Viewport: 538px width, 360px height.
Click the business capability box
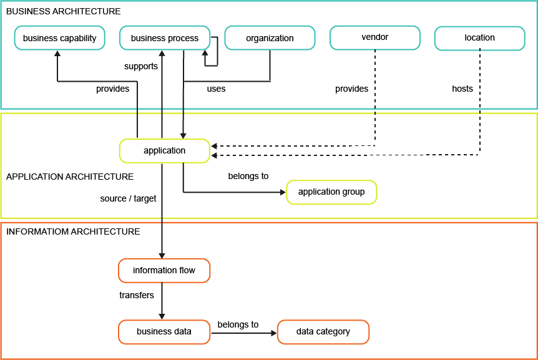pyautogui.click(x=59, y=38)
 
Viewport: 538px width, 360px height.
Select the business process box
pyautogui.click(x=164, y=38)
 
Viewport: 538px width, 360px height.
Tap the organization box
pyautogui.click(x=270, y=38)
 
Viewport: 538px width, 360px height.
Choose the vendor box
pyautogui.click(x=374, y=37)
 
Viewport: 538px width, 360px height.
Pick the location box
pyautogui.click(x=479, y=37)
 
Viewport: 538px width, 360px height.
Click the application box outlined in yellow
pyautogui.click(x=164, y=150)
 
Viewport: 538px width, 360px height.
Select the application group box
pyautogui.click(x=331, y=192)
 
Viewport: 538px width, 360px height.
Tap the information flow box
pyautogui.click(x=164, y=270)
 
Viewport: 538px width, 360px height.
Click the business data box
pyautogui.click(x=164, y=331)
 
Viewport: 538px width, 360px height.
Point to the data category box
pyautogui.click(x=323, y=331)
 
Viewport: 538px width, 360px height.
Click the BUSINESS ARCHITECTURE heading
pyautogui.click(x=63, y=11)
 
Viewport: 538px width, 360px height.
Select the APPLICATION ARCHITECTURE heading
pyautogui.click(x=69, y=177)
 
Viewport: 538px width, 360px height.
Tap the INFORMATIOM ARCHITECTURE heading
pyautogui.click(x=72, y=231)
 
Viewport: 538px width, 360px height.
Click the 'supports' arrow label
pyautogui.click(x=141, y=66)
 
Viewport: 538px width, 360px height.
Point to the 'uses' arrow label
pyautogui.click(x=216, y=89)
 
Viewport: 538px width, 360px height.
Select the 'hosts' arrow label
pyautogui.click(x=462, y=89)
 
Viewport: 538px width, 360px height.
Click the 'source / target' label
pyautogui.click(x=128, y=198)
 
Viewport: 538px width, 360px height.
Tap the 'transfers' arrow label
pyautogui.click(x=136, y=294)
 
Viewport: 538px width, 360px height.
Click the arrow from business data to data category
pyautogui.click(x=243, y=333)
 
